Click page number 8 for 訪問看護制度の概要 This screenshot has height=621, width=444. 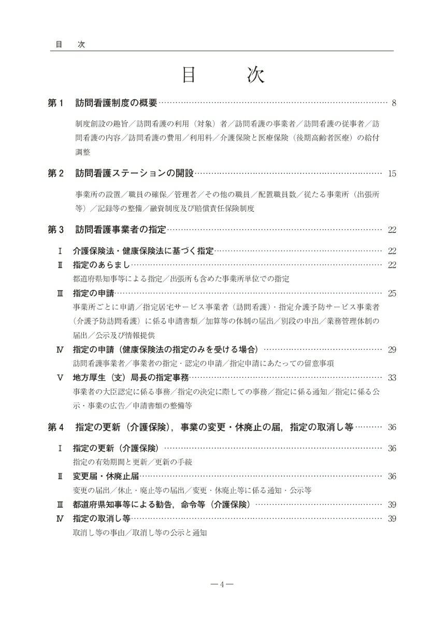(x=394, y=103)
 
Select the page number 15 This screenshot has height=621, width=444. (x=392, y=173)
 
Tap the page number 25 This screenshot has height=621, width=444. (x=392, y=293)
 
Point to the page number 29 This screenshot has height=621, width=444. (x=392, y=350)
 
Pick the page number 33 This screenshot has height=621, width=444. (x=392, y=378)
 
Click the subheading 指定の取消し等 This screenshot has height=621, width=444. (x=102, y=518)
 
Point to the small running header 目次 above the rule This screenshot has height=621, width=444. (x=69, y=45)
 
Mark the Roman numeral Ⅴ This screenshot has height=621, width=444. (x=60, y=378)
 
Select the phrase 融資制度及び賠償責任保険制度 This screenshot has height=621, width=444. (x=202, y=209)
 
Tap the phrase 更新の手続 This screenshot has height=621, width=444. (x=173, y=462)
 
